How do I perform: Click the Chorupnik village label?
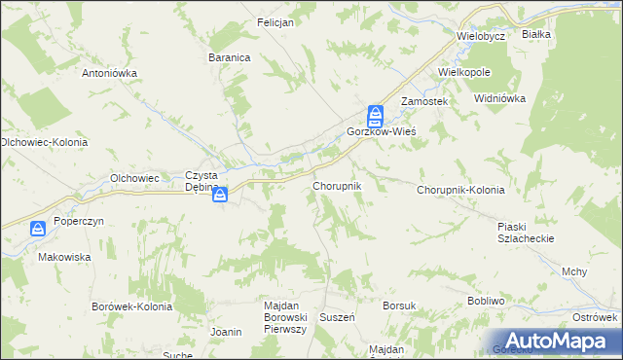[337, 185]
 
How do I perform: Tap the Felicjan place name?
[275, 22]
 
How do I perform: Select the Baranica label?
[230, 57]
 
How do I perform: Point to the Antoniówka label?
[110, 73]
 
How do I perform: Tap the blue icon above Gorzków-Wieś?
[375, 115]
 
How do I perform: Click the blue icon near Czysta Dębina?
[220, 195]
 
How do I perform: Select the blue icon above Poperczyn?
[37, 230]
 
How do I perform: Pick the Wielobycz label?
[481, 36]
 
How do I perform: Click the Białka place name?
[536, 34]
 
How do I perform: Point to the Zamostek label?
[423, 101]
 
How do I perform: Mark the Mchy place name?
[573, 271]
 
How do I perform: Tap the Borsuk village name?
[399, 306]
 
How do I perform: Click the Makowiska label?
[64, 258]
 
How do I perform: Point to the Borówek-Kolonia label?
[131, 306]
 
